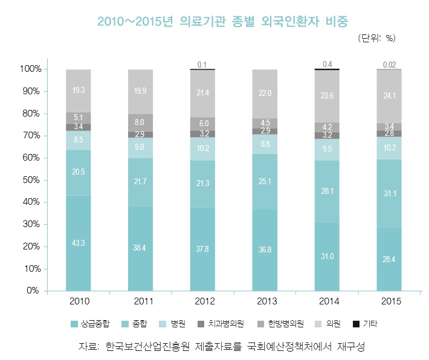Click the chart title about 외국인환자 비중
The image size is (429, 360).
tap(223, 22)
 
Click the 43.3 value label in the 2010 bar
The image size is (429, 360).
tap(78, 243)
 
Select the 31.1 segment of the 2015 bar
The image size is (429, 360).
tap(389, 193)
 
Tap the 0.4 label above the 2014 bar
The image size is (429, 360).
tap(327, 64)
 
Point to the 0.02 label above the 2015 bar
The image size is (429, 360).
tap(389, 65)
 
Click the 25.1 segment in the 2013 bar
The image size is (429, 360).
tap(265, 181)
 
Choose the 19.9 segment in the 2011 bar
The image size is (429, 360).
tap(140, 91)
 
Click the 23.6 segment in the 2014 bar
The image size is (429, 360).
tap(327, 95)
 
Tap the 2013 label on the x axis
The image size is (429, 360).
tap(265, 300)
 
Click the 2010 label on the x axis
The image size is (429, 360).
tap(78, 300)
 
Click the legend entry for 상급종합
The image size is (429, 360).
tap(94, 324)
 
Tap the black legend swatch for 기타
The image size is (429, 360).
tap(355, 324)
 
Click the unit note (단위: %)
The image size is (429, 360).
tap(377, 38)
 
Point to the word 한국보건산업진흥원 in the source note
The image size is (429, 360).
tap(148, 347)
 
